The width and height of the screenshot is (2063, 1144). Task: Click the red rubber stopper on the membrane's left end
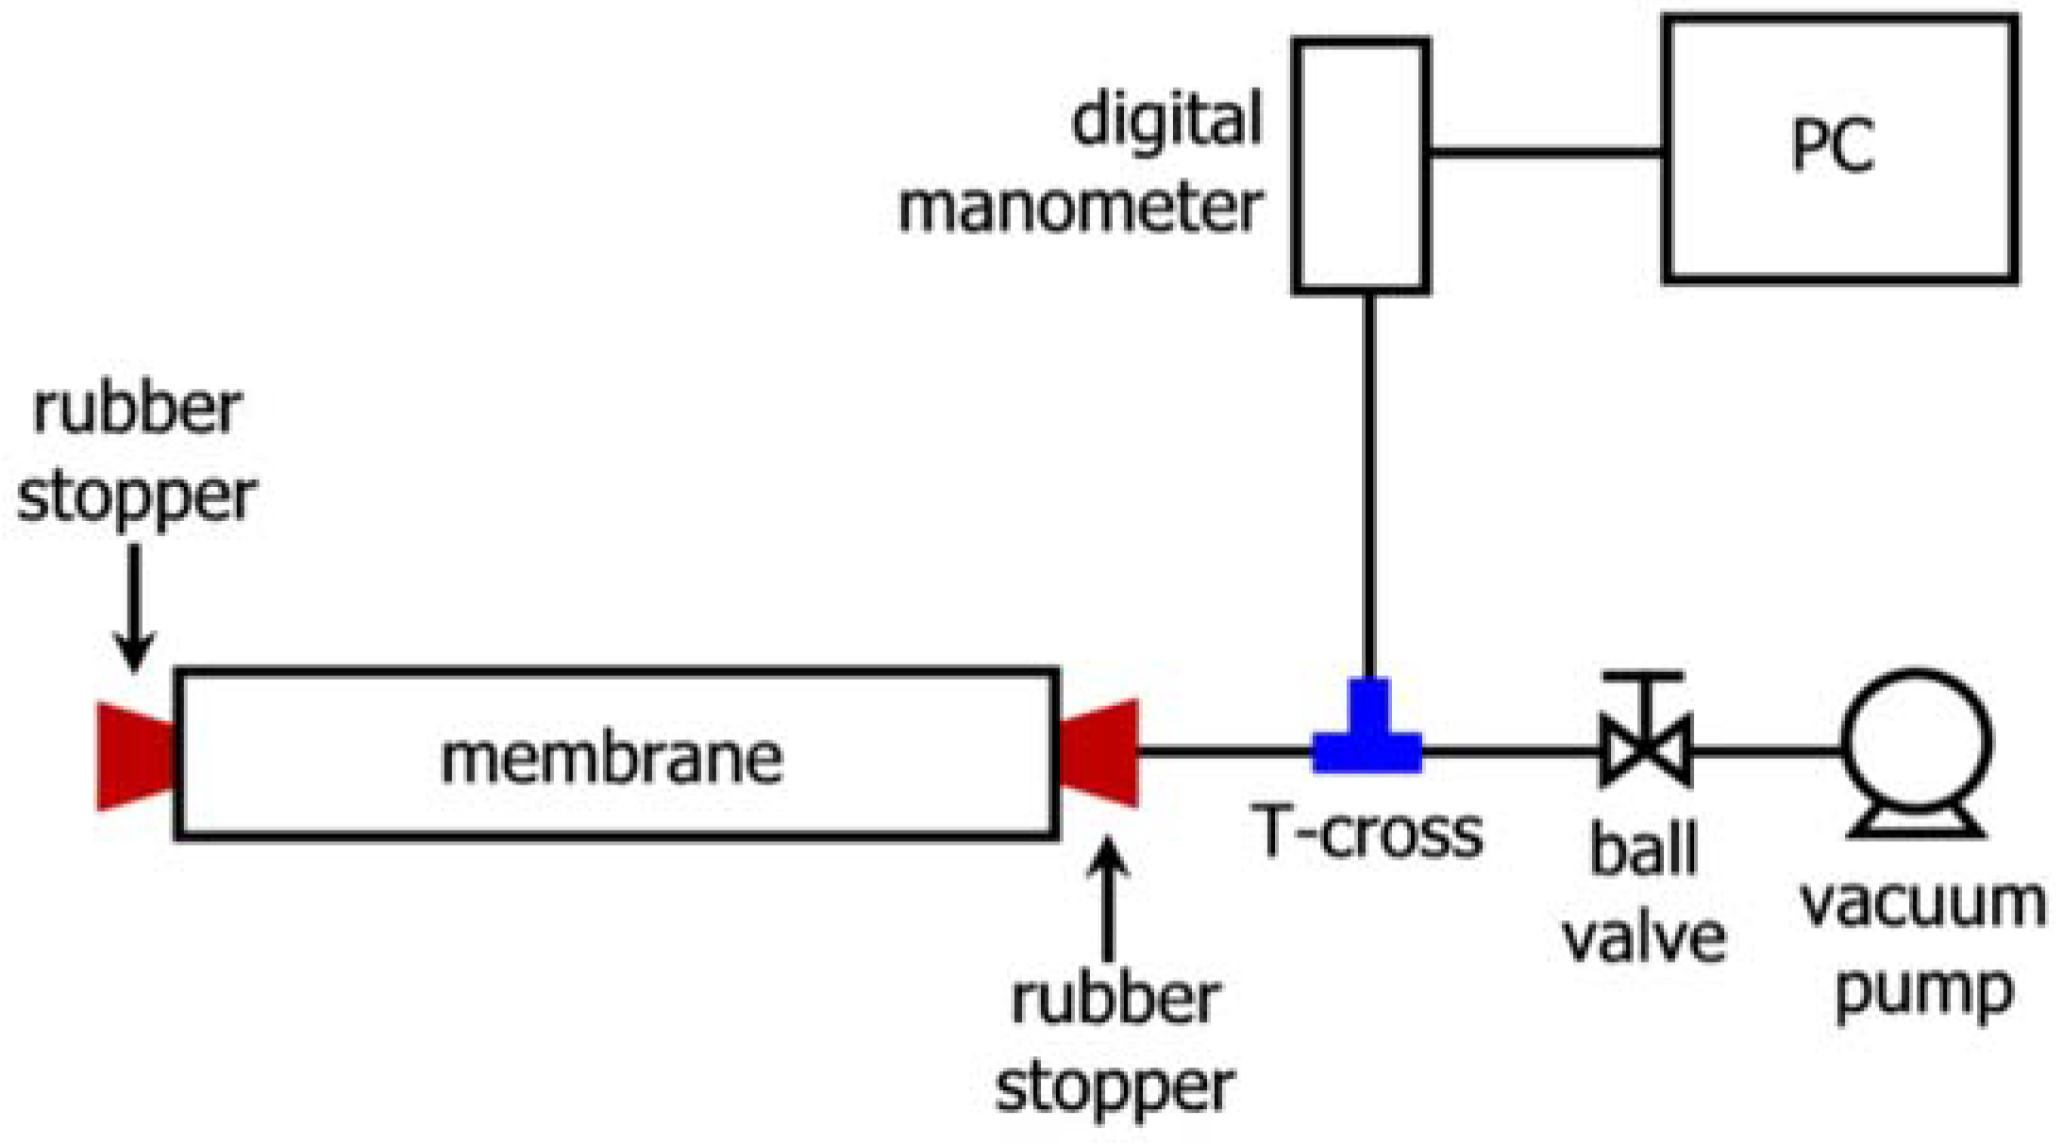point(135,756)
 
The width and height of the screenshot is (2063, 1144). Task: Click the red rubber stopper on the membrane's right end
point(1100,753)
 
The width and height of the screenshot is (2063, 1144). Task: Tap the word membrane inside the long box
point(612,759)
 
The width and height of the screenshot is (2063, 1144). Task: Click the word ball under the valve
point(1643,849)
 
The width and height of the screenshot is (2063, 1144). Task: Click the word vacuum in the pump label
point(1922,903)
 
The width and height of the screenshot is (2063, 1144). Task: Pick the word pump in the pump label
point(1923,992)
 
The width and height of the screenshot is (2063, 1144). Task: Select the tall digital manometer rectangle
point(1361,165)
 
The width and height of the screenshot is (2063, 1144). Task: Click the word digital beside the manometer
point(1166,121)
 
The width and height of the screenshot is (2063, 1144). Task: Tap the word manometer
point(1080,208)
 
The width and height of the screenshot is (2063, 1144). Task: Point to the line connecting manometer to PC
point(1546,151)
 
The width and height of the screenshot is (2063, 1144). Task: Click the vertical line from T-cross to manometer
point(1368,481)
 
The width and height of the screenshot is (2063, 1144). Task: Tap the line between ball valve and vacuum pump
point(1765,751)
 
